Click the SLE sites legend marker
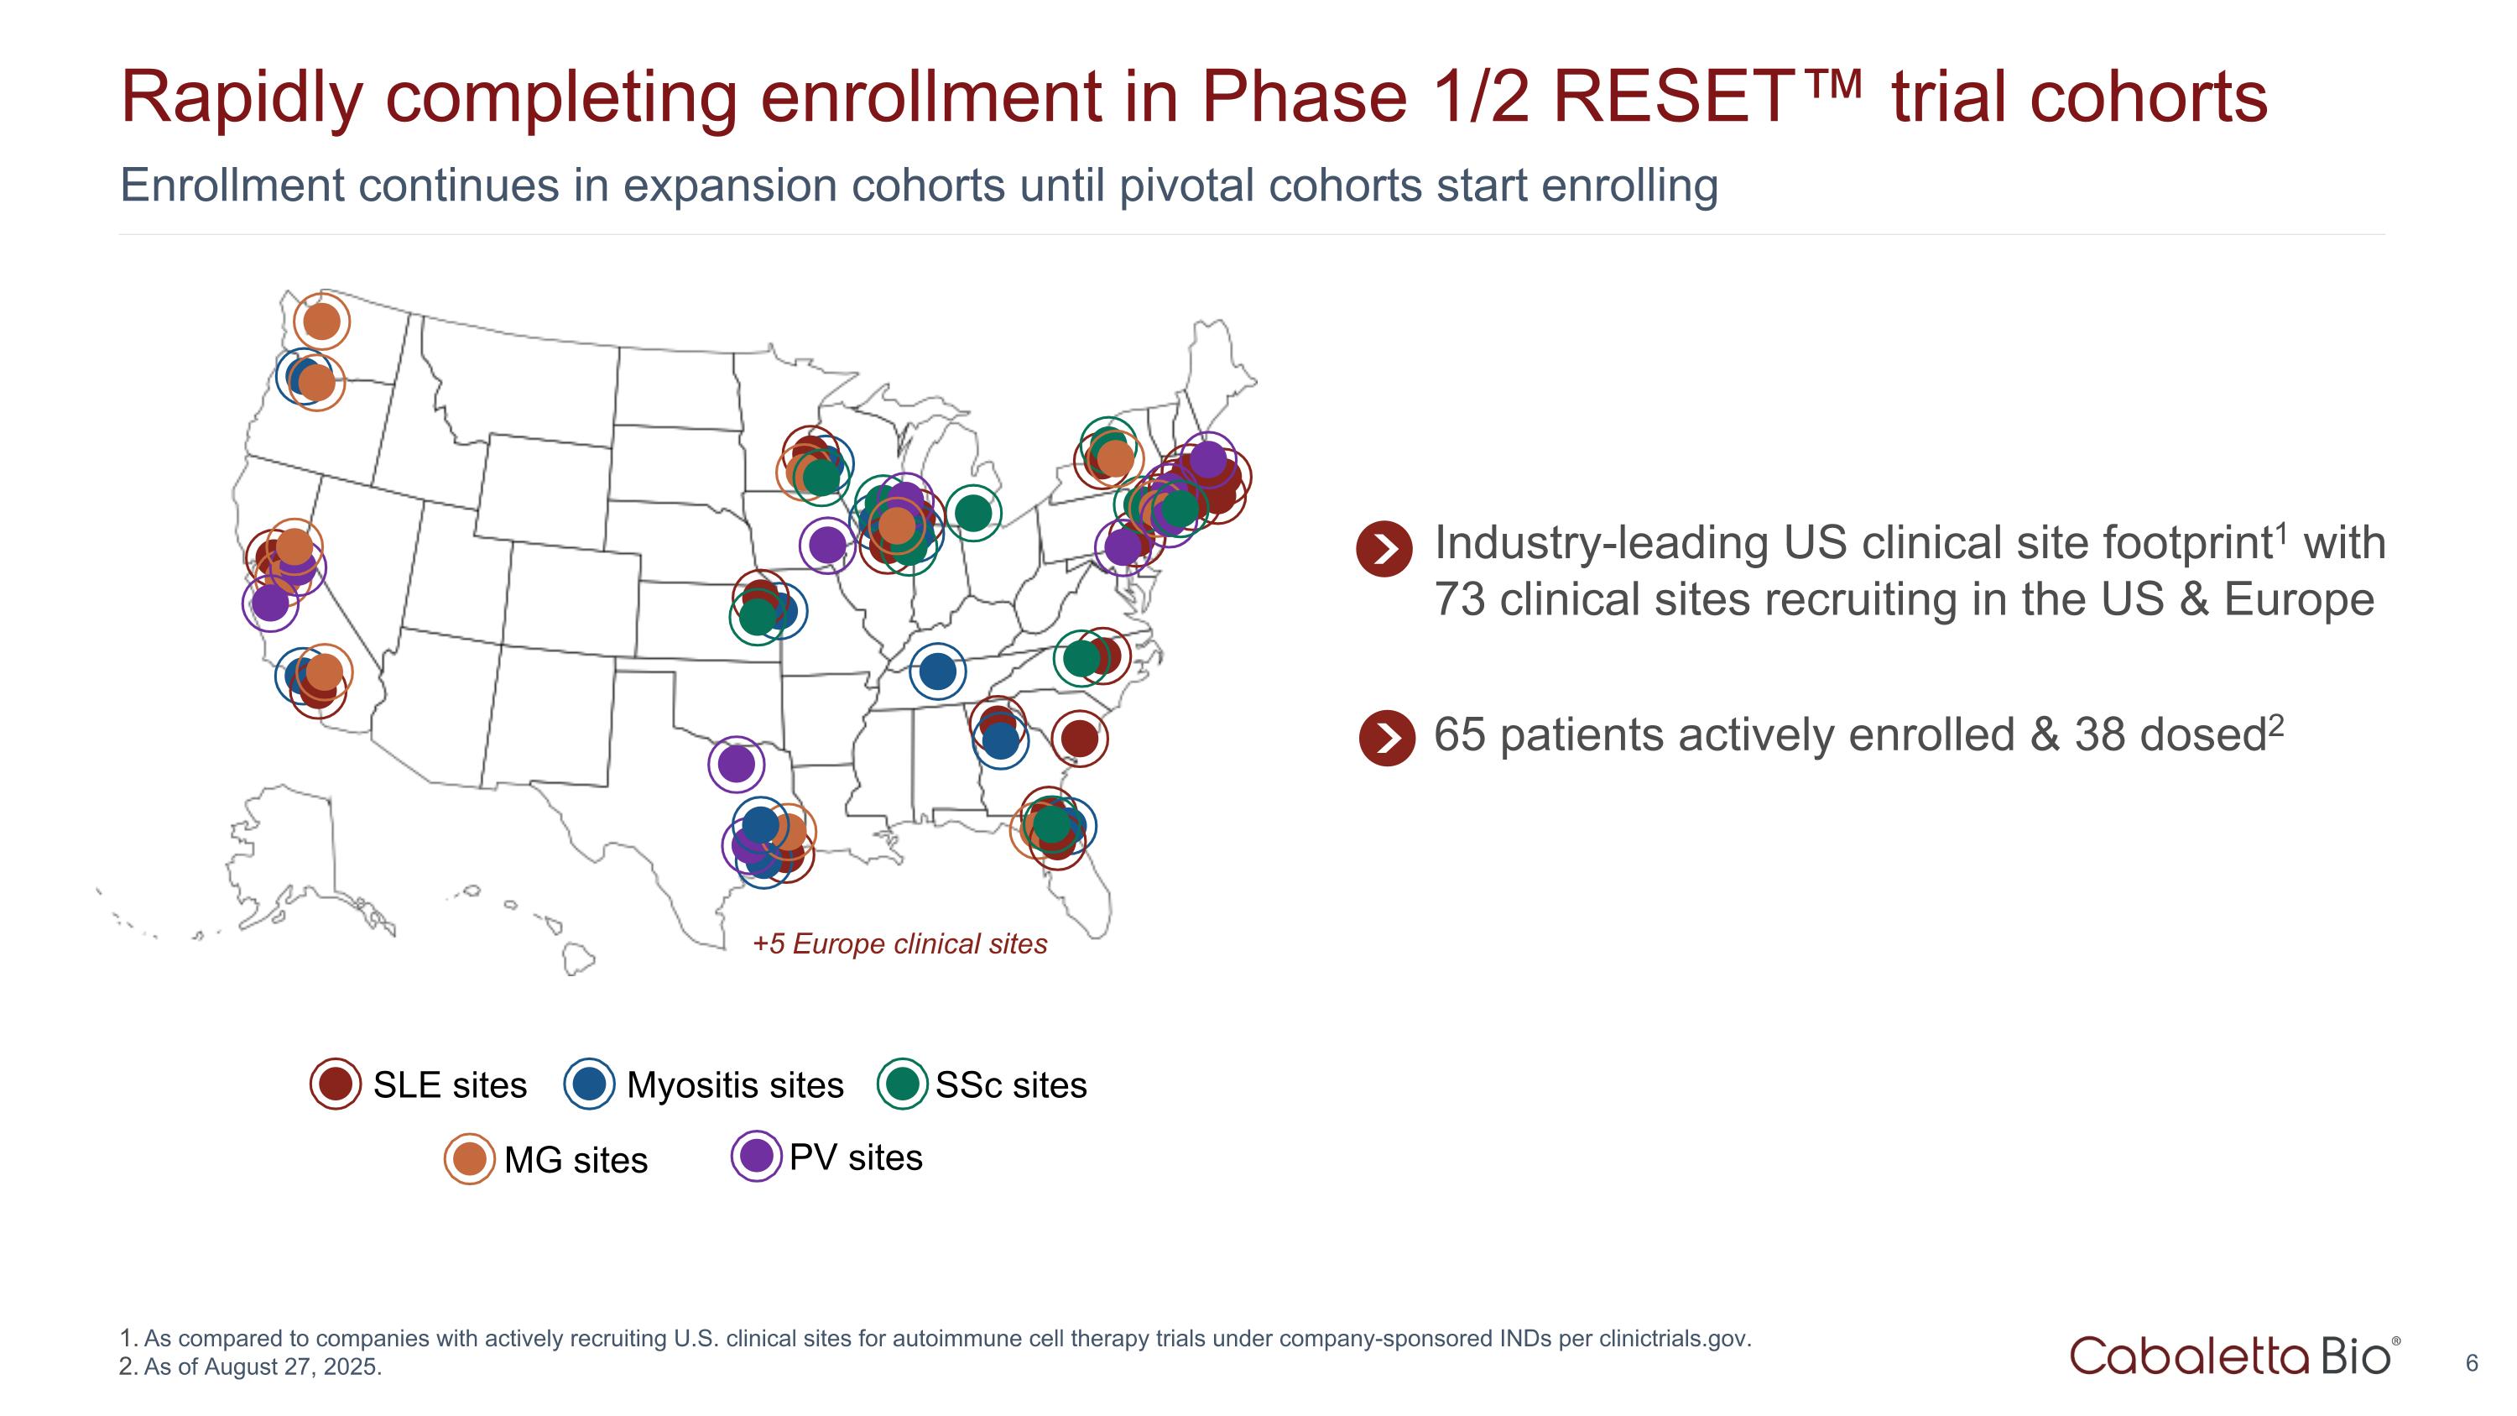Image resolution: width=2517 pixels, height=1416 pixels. click(x=335, y=1084)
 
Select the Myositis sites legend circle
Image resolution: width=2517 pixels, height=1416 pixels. click(x=589, y=1084)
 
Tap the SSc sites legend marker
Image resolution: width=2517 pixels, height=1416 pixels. click(x=903, y=1084)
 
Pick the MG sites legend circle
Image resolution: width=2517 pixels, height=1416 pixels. click(x=469, y=1159)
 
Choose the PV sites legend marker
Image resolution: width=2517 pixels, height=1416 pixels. click(x=756, y=1156)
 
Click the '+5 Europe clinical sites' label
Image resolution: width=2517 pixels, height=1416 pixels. click(x=899, y=944)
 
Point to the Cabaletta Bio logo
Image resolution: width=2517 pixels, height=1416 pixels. click(x=2233, y=1356)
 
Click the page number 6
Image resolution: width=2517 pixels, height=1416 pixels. click(x=2471, y=1363)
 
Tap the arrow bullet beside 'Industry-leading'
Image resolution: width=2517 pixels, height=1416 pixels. click(x=1384, y=549)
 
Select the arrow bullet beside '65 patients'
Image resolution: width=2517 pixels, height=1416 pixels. click(x=1387, y=738)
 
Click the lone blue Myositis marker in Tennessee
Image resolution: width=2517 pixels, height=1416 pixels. click(x=937, y=671)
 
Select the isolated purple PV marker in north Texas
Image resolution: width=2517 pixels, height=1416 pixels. click(x=736, y=763)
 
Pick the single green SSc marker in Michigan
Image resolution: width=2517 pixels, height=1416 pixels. click(x=972, y=512)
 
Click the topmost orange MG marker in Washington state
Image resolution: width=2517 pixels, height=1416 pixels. click(x=321, y=321)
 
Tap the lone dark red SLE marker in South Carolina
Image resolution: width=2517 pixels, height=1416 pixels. click(x=1079, y=738)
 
